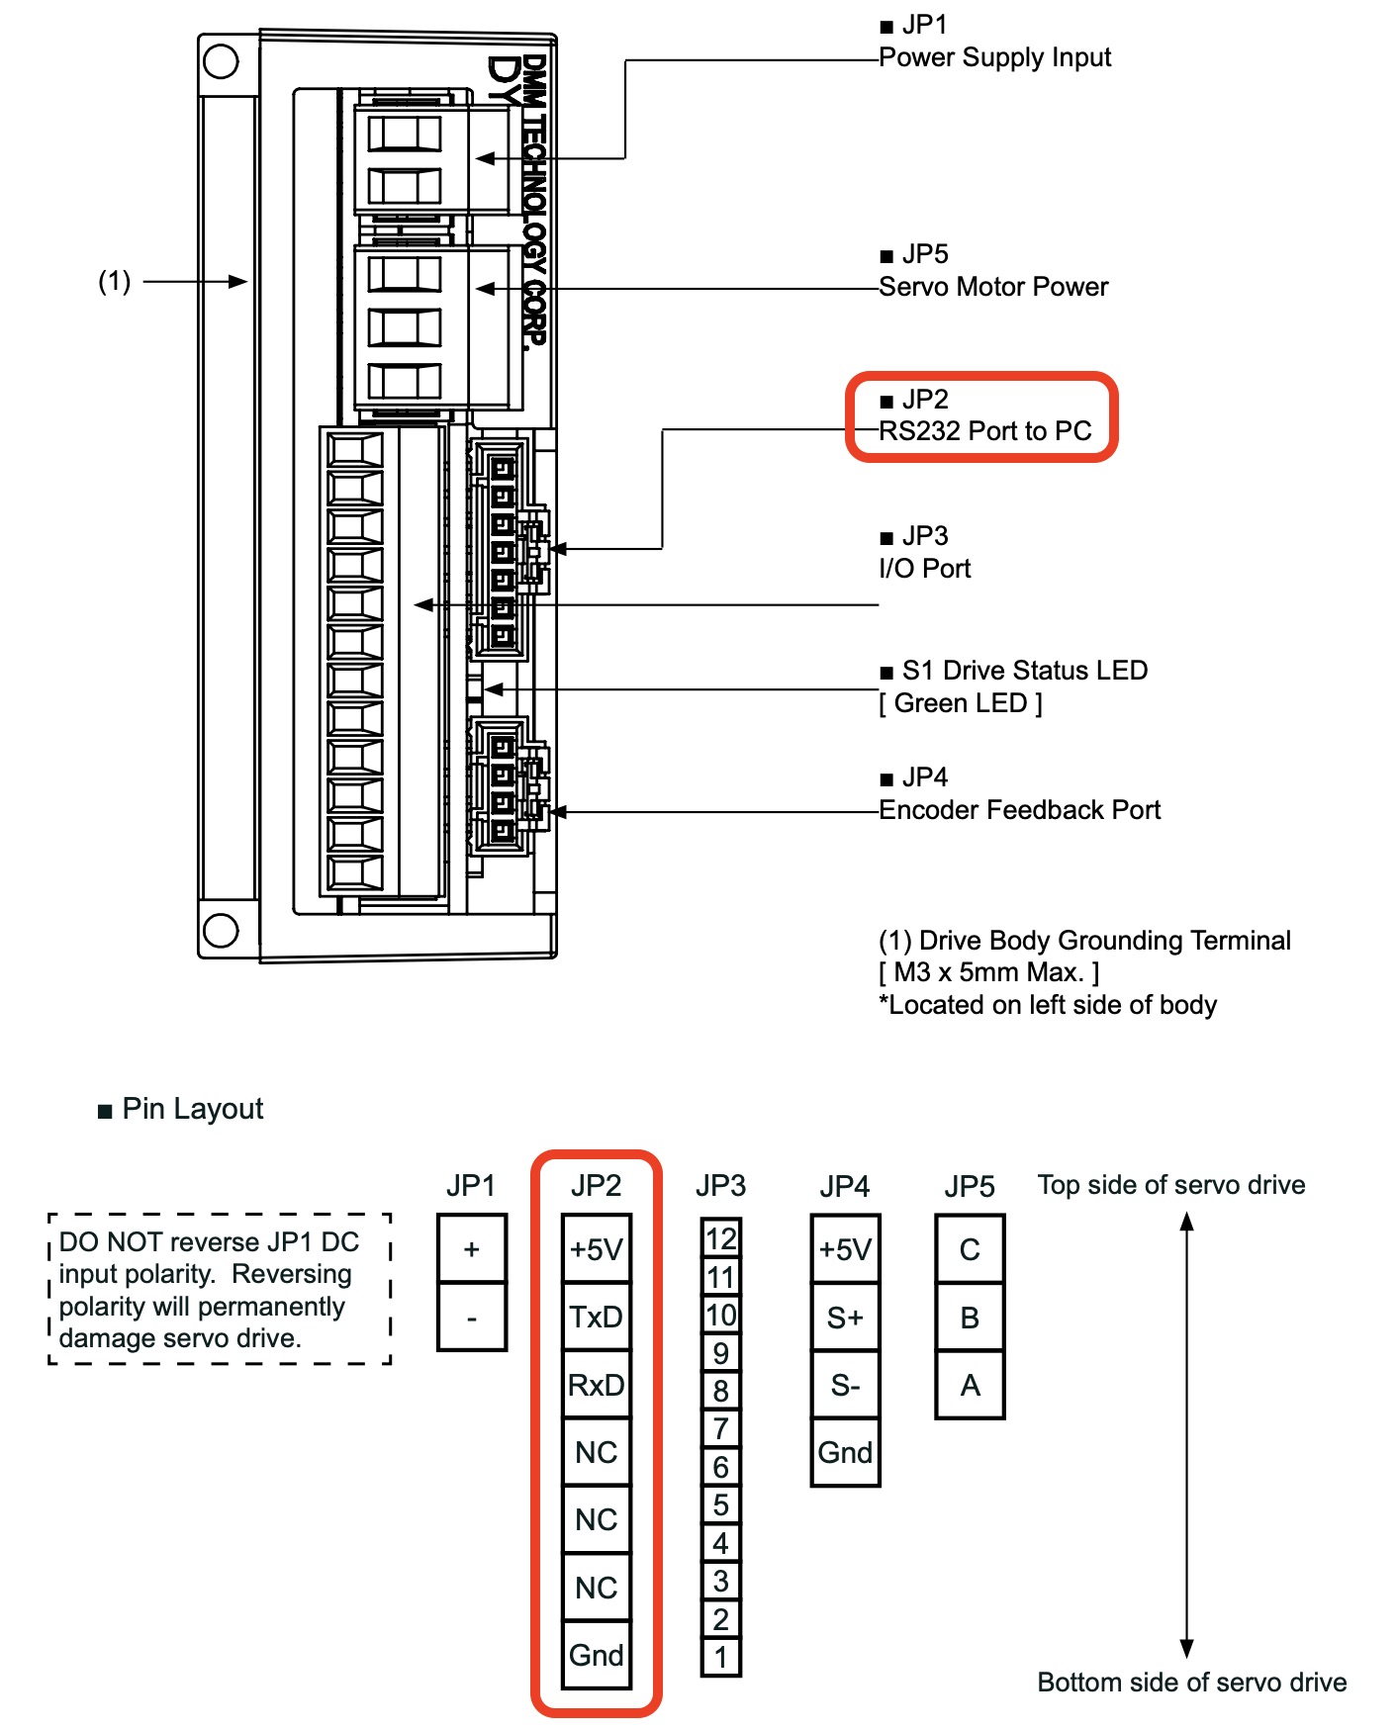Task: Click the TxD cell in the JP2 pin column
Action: tap(597, 1318)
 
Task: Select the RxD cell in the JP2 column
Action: tap(597, 1385)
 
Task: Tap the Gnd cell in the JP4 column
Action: tap(845, 1452)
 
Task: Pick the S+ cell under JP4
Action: tap(845, 1318)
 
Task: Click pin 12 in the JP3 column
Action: tap(721, 1238)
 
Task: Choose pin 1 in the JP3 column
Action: tap(721, 1657)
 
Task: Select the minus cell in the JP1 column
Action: tap(472, 1318)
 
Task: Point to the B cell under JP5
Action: tap(970, 1318)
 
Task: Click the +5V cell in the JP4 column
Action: tap(845, 1249)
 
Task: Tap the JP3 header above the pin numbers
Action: tap(720, 1185)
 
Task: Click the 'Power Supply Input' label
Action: tap(994, 57)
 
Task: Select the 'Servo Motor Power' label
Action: tap(993, 287)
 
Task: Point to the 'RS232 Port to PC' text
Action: tap(985, 431)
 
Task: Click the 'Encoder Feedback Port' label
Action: tap(1019, 810)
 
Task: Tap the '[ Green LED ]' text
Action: tap(961, 703)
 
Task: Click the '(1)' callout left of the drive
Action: tap(115, 282)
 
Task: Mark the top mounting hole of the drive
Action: tap(221, 62)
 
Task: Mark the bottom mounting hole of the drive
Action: tap(221, 930)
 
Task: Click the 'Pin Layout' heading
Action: tap(193, 1109)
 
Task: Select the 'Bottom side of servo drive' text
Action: tap(1192, 1683)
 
